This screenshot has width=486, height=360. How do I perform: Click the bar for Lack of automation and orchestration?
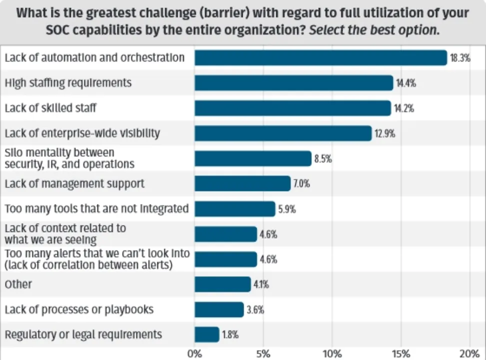tap(320, 57)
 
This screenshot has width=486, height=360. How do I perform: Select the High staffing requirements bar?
tap(294, 82)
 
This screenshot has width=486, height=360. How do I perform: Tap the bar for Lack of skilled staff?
tap(292, 108)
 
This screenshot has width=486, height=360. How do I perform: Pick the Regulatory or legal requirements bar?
tap(207, 334)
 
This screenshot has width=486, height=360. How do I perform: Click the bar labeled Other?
tap(222, 284)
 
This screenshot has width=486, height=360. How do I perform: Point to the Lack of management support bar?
tap(242, 183)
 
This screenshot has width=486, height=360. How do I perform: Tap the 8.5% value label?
tap(323, 159)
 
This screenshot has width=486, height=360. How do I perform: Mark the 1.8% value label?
tap(231, 334)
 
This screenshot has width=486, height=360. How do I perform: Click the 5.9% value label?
tap(287, 209)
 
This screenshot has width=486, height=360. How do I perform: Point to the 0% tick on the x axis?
tap(195, 354)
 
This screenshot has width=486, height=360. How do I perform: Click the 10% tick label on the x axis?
tap(332, 354)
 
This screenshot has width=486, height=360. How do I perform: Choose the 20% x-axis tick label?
tap(470, 354)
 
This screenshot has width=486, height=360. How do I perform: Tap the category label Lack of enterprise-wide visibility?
tap(82, 133)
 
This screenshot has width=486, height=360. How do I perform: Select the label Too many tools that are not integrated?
tap(96, 208)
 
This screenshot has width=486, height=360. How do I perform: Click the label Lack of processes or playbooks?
tap(79, 309)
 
